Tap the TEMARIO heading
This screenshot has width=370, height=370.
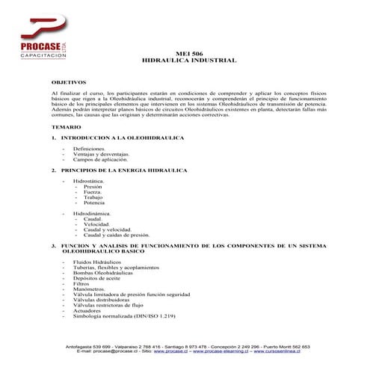click(x=67, y=129)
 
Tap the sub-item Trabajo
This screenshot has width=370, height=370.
click(x=94, y=197)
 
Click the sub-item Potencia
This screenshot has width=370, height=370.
click(x=94, y=203)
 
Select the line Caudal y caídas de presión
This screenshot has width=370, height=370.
click(x=111, y=235)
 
